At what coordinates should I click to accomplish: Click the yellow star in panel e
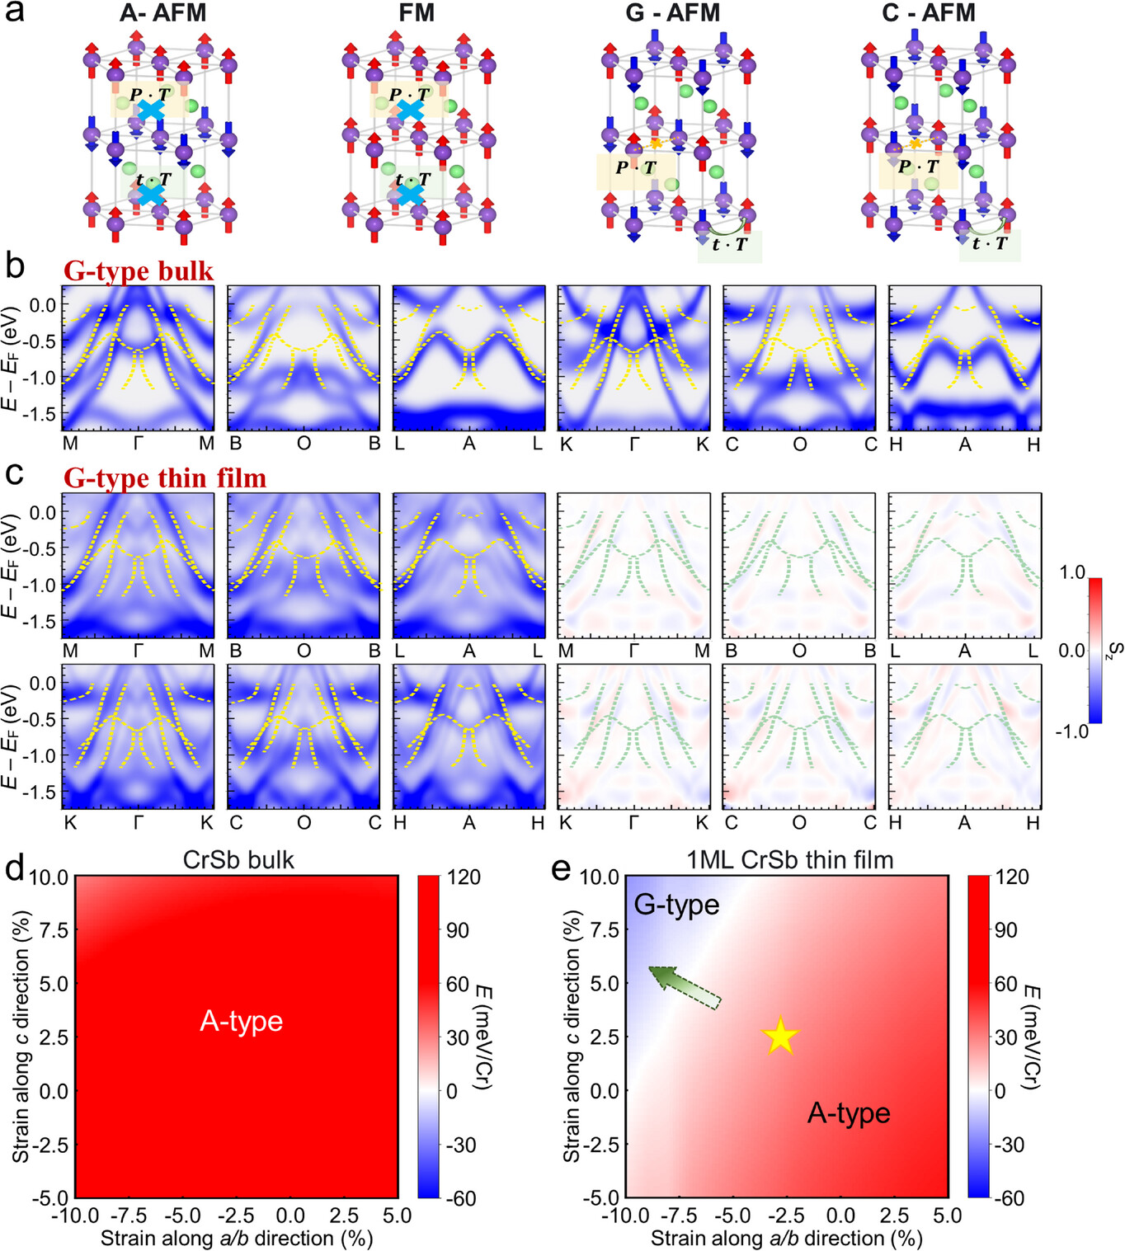point(779,1037)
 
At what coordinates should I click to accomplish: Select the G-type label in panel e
point(676,905)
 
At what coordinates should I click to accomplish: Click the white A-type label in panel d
point(241,1021)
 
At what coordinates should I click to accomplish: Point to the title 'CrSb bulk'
point(238,860)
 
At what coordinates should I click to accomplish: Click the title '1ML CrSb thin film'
point(789,860)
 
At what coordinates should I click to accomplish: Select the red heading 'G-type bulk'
point(139,271)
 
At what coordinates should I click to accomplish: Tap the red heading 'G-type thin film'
point(165,478)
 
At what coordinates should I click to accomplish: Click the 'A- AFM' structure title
point(162,13)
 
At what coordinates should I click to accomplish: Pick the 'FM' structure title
point(416,13)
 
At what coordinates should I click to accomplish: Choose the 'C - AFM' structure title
point(928,13)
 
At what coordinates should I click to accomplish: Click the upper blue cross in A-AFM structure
point(150,111)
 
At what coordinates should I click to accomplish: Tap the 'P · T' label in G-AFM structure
point(635,168)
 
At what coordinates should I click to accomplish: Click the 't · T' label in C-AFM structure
point(989,244)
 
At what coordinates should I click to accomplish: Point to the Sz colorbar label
point(1114,651)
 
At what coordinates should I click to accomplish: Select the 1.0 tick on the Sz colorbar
point(1071,573)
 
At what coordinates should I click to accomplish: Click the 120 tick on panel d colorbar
point(464,877)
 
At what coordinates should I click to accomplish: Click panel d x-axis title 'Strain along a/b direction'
point(237,1238)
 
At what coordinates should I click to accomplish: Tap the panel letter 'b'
point(14,267)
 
